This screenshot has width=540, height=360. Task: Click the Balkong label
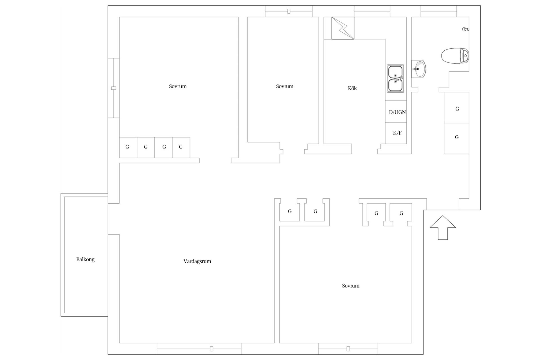click(x=85, y=259)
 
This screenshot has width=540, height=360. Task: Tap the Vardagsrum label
click(x=197, y=261)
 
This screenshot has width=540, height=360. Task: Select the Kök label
click(x=352, y=88)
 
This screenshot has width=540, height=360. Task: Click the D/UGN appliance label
click(x=397, y=112)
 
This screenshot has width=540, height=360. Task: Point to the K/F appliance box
click(x=396, y=133)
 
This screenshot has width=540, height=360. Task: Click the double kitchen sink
click(x=395, y=78)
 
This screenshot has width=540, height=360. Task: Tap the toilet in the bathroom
click(x=455, y=56)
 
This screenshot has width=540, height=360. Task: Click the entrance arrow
click(x=443, y=228)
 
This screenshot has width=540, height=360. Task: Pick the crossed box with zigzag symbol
click(x=343, y=28)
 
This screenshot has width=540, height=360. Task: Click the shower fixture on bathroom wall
click(x=466, y=29)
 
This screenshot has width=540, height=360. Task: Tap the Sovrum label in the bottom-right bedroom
click(x=350, y=286)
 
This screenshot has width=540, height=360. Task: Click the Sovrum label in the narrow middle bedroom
click(x=285, y=86)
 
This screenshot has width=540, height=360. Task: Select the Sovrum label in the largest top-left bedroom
click(x=178, y=86)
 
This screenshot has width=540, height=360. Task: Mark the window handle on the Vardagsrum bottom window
click(x=211, y=349)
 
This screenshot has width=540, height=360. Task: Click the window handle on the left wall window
click(x=114, y=88)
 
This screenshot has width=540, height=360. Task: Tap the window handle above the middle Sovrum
click(x=289, y=11)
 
